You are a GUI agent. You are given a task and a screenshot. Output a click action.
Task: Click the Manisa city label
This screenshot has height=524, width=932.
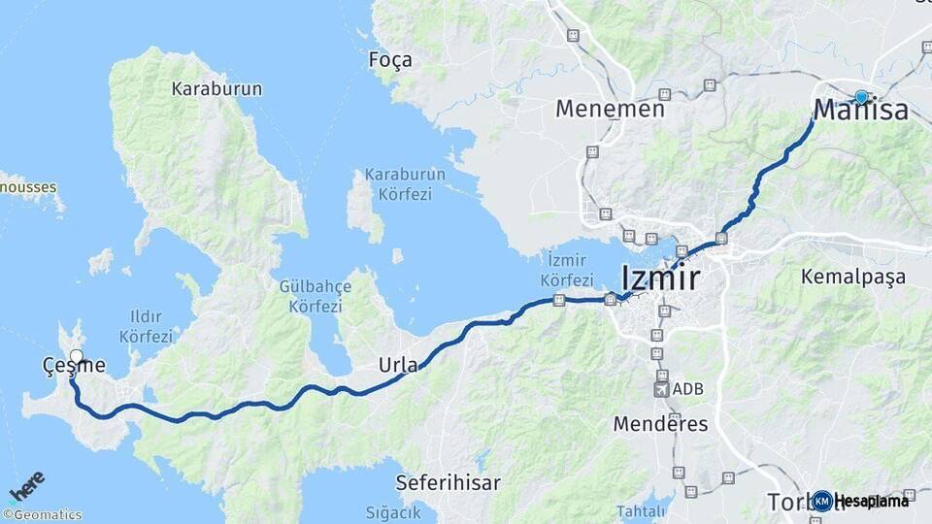point(861,111)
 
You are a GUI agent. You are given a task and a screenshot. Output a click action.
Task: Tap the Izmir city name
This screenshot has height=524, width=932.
point(659,278)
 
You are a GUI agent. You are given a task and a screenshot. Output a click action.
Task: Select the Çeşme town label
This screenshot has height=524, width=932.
point(73,366)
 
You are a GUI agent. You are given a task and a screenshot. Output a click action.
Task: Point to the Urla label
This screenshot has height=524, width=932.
point(398,366)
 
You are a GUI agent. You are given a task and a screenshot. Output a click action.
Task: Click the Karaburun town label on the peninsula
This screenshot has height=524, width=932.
point(216,89)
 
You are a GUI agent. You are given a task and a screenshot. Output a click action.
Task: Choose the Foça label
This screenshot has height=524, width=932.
point(390,60)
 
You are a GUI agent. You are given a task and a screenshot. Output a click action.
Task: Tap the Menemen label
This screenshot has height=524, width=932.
point(610,109)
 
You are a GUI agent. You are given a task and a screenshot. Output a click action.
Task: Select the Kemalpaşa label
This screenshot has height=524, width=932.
point(852,278)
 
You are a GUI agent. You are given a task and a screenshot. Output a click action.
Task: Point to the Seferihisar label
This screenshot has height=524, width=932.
point(448,482)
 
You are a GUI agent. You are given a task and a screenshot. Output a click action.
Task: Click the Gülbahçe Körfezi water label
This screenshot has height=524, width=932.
point(311,296)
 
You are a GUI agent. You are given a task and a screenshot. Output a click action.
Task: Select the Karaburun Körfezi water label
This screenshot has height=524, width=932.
point(405,184)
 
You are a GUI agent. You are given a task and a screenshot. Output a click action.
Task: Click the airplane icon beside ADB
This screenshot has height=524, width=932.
point(662,389)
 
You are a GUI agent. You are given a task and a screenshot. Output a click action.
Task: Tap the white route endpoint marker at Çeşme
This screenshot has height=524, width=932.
point(77,356)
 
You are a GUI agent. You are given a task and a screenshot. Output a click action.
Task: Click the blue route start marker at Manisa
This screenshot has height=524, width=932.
point(861,96)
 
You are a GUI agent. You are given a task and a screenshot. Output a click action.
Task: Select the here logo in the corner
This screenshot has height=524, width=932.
point(27,484)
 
